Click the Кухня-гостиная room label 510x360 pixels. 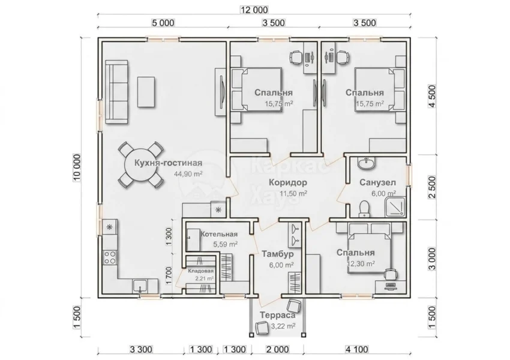[168, 163]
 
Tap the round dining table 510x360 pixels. [140, 166]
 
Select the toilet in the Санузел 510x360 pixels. [364, 209]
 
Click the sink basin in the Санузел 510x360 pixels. [366, 163]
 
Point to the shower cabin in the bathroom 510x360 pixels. [395, 207]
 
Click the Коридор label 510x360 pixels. [288, 182]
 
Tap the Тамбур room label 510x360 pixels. [277, 254]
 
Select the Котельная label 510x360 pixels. [219, 234]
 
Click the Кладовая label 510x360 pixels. [201, 271]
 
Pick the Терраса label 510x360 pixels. [277, 315]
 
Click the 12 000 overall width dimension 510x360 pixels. [254, 10]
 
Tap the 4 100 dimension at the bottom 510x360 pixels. [357, 350]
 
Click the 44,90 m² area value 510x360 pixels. [188, 174]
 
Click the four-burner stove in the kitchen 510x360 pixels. [110, 257]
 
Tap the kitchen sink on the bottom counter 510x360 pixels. [140, 286]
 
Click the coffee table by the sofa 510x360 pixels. [146, 92]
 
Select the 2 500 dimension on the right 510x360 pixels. [432, 187]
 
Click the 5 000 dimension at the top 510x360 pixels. [163, 23]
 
